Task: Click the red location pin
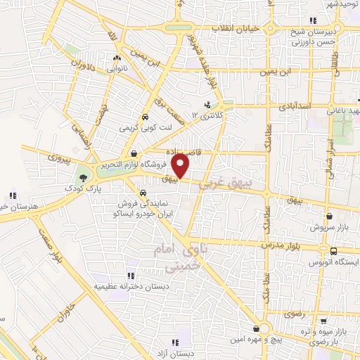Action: [181, 166]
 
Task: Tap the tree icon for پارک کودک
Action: [84, 177]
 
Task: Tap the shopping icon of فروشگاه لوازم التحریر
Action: [134, 153]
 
